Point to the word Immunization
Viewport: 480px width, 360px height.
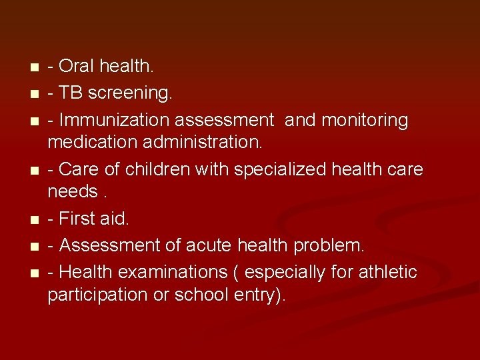(113, 120)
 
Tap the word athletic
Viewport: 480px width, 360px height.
(387, 273)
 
